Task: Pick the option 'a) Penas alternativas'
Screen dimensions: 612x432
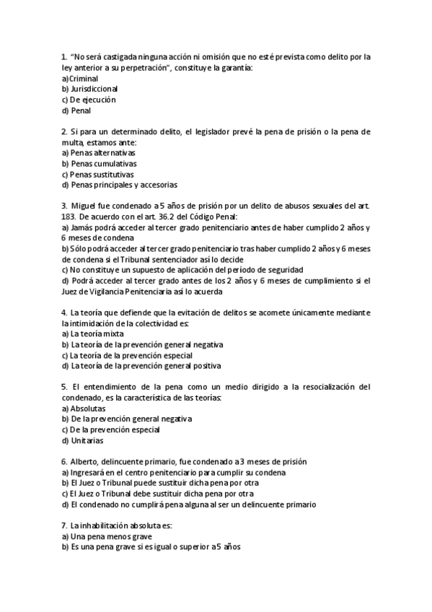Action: (99, 153)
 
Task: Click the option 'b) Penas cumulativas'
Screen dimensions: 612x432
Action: (99, 164)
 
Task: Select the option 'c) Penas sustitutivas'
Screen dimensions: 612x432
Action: (97, 174)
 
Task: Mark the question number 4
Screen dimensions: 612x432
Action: (64, 312)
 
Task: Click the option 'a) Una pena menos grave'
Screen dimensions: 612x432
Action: (106, 536)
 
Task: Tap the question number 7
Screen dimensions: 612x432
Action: (64, 525)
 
